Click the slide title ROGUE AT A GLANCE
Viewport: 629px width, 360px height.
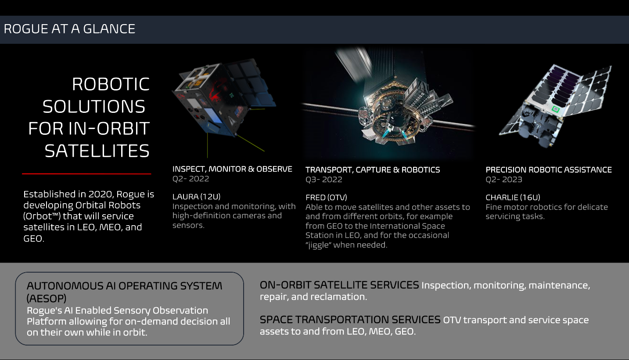[69, 29]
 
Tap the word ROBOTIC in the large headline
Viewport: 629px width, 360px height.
[111, 84]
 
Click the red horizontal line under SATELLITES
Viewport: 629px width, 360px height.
[86, 174]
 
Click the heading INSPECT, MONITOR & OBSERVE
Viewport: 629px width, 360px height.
[232, 169]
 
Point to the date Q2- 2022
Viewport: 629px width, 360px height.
[190, 179]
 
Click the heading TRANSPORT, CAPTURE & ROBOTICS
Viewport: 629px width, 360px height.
[373, 170]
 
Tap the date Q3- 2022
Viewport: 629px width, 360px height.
[323, 180]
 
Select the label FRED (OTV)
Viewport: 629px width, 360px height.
[326, 198]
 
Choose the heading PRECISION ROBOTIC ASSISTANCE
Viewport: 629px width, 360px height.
[548, 170]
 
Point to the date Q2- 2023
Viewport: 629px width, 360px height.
[503, 180]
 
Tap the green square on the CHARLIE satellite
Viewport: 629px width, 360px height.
[556, 109]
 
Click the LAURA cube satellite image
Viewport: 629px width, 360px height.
[219, 99]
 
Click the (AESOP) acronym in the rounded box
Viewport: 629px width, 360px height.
[47, 299]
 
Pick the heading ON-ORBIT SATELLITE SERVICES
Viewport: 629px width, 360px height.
[339, 285]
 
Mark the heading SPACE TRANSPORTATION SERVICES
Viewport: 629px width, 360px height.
[350, 320]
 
